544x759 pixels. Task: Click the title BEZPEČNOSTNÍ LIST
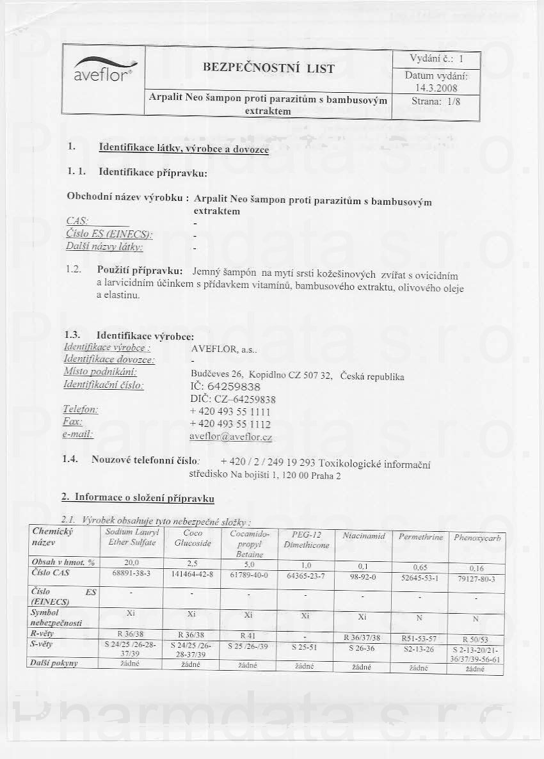click(268, 68)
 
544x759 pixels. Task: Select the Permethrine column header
click(420, 537)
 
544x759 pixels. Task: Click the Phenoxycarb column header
click(476, 538)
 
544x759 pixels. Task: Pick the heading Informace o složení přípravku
click(144, 497)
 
